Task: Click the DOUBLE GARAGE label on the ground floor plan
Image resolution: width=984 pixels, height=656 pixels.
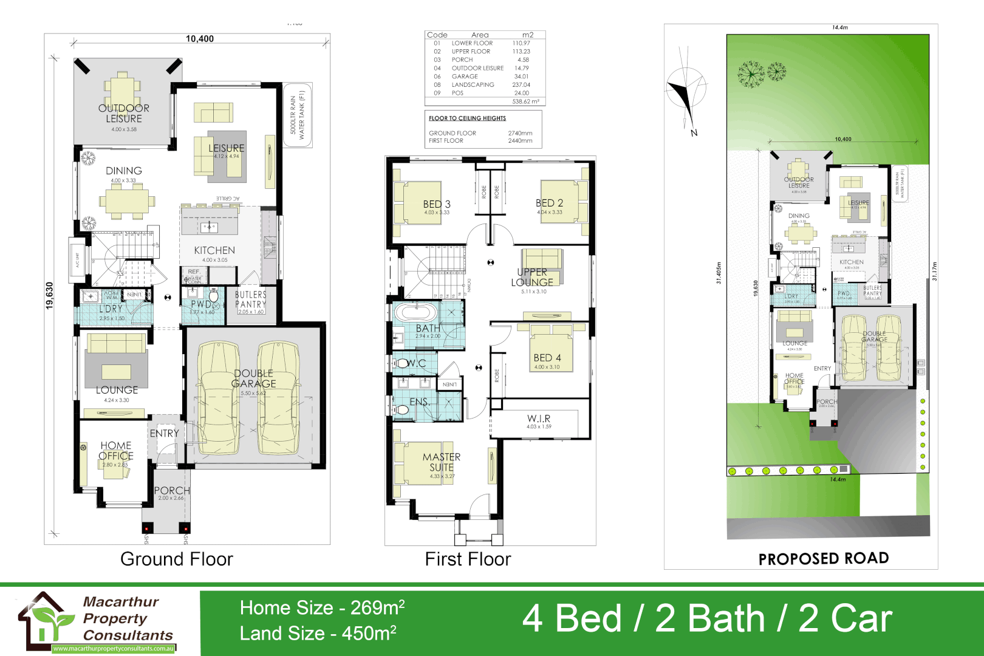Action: [x=253, y=378]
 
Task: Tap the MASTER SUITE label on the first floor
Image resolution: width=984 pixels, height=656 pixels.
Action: [x=442, y=462]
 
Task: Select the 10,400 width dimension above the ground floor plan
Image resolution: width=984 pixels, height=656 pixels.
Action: [x=199, y=39]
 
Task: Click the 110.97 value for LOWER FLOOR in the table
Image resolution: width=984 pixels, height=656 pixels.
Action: [x=521, y=43]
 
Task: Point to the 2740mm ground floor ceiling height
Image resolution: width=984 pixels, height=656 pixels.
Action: [x=520, y=133]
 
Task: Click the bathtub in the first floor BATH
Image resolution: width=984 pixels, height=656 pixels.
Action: [x=415, y=313]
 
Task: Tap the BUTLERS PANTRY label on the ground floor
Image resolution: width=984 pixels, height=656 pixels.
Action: [x=250, y=299]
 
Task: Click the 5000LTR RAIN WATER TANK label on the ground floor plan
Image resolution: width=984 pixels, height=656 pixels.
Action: [x=298, y=115]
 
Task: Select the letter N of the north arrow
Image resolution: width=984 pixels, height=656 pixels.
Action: [x=694, y=132]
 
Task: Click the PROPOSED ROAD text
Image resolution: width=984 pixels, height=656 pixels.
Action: [x=823, y=559]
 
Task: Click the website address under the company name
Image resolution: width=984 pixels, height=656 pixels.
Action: [x=114, y=649]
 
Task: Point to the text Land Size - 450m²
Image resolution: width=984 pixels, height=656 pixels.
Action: [x=318, y=634]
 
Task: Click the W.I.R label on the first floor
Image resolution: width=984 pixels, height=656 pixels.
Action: [x=539, y=419]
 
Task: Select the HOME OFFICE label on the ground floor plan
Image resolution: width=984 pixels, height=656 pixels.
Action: [x=116, y=451]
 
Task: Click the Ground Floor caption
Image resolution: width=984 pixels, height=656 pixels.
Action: [x=176, y=559]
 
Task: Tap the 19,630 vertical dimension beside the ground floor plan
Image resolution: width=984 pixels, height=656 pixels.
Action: [x=50, y=295]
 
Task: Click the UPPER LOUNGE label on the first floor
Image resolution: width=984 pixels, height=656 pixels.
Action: [x=532, y=277]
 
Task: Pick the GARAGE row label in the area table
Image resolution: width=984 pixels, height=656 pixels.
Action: [x=465, y=77]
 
